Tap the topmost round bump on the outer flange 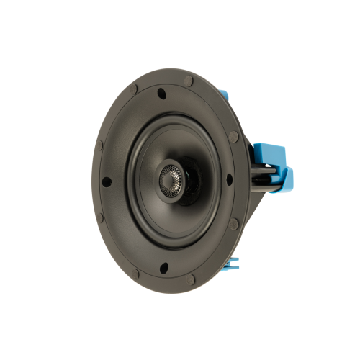pyautogui.click(x=188, y=81)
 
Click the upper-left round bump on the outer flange pyautogui.click(x=134, y=90)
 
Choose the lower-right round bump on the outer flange pyautogui.click(x=233, y=224)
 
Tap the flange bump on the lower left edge pyautogui.click(x=100, y=217)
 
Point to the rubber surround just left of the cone pyautogui.click(x=130, y=180)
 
